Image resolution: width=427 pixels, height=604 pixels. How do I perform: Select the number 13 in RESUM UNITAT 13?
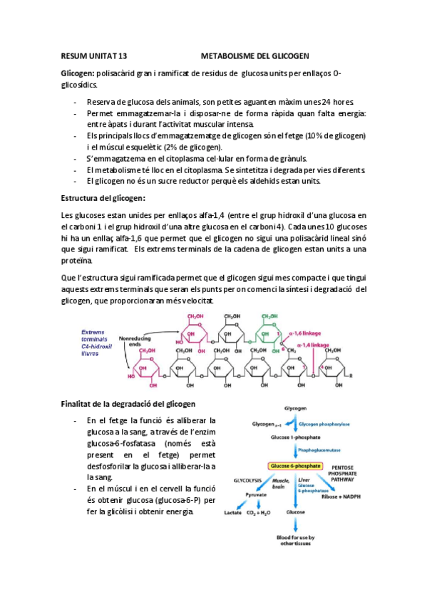click(x=120, y=56)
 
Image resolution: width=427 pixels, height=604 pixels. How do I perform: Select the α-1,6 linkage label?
click(x=304, y=330)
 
